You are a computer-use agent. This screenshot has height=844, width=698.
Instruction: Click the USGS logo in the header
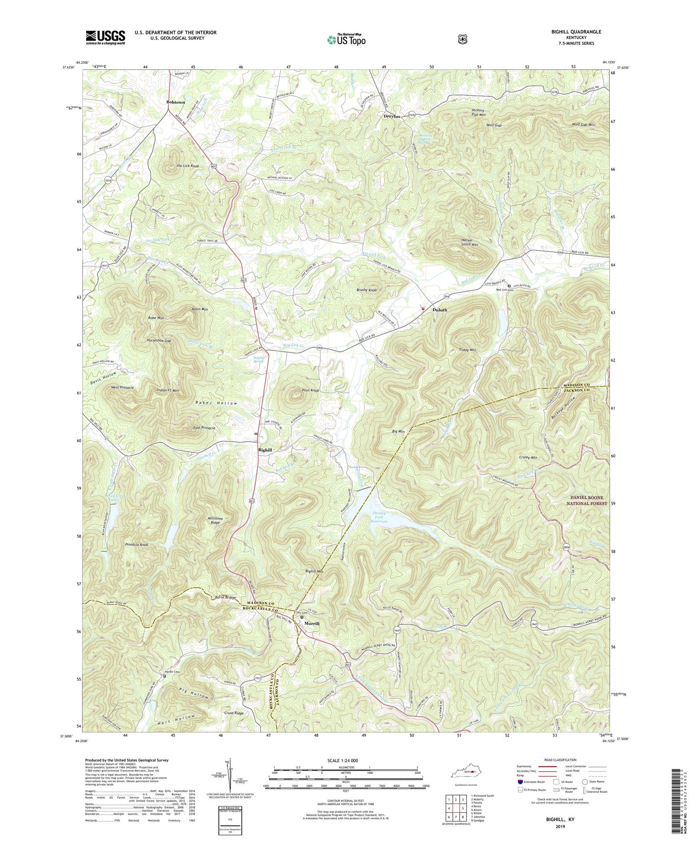[x=105, y=37]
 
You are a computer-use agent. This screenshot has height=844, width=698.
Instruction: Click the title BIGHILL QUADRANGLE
[x=575, y=32]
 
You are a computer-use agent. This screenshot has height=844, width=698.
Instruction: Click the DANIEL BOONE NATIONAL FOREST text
[x=589, y=500]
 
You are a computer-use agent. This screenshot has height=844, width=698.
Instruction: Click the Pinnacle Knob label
[x=136, y=544]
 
